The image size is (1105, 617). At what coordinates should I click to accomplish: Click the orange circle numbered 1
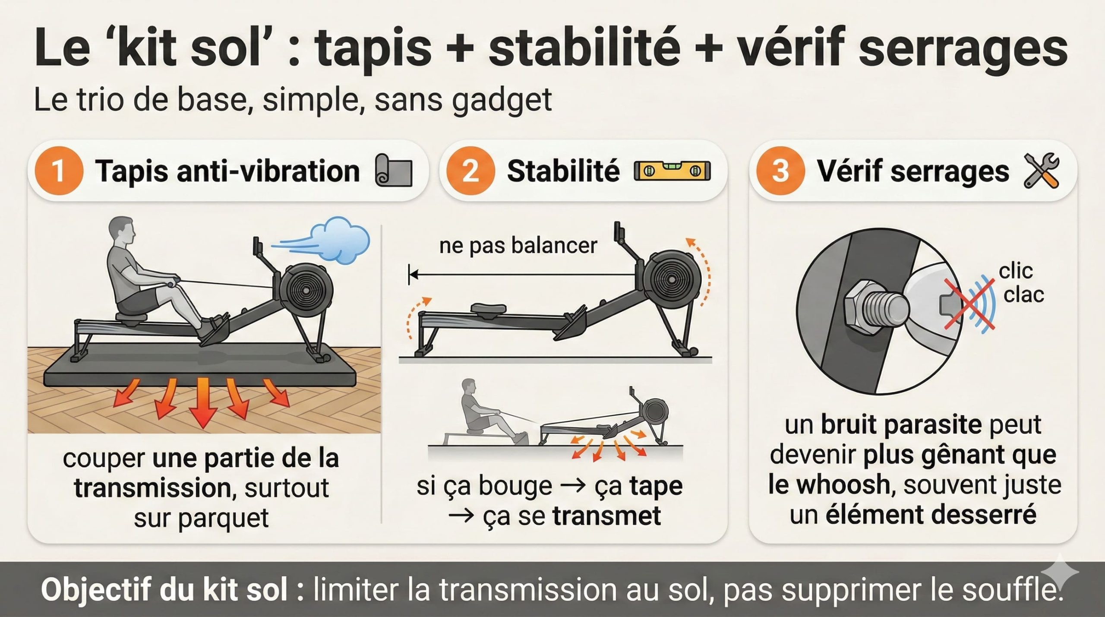pos(58,171)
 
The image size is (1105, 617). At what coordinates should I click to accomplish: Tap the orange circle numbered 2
pos(470,171)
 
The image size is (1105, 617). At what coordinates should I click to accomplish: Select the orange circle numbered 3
pos(780,171)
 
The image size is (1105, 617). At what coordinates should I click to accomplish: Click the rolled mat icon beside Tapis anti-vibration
pos(394,171)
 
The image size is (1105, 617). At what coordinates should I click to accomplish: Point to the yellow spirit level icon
pos(672,171)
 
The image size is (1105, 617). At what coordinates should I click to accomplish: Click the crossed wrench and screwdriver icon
pos(1041,171)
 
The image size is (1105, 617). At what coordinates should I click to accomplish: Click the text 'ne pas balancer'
pos(518,246)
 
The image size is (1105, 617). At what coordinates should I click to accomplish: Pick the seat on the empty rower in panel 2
pos(488,309)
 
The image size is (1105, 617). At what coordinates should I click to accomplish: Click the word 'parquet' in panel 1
pos(223,518)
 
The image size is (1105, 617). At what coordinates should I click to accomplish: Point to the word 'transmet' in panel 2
pos(606,516)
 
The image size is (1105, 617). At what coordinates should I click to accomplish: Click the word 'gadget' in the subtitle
pos(502,100)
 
